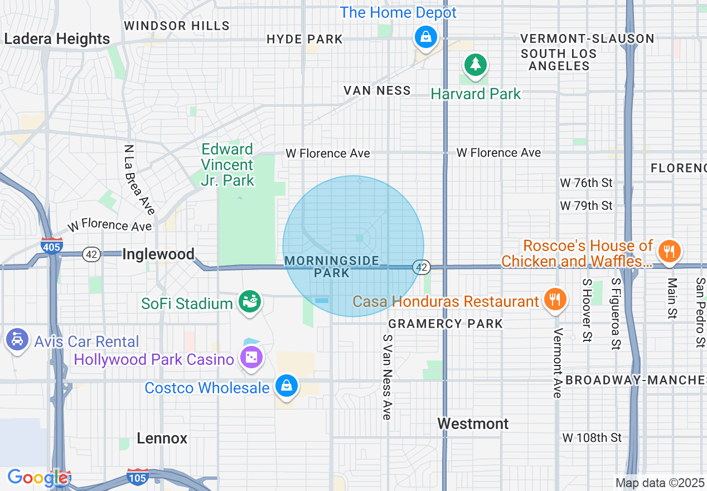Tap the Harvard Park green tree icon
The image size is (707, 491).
click(475, 65)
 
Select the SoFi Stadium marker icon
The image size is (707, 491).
click(250, 302)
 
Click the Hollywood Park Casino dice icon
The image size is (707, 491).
click(251, 358)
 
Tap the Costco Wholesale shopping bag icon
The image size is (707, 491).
click(287, 386)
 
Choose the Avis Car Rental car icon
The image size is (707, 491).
click(17, 340)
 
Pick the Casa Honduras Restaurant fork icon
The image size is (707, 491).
click(554, 299)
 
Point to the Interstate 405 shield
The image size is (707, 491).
click(51, 246)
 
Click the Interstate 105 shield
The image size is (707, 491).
click(137, 478)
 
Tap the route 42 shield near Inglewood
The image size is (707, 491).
click(91, 254)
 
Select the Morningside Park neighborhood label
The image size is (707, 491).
click(332, 267)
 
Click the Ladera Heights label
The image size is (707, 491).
click(57, 39)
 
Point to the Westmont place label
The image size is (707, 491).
click(473, 423)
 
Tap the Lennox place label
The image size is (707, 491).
click(162, 438)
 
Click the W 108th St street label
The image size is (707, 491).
click(592, 437)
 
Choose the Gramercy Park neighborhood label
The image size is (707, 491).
click(445, 324)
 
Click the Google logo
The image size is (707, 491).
click(37, 478)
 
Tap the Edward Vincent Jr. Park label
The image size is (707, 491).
click(227, 165)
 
